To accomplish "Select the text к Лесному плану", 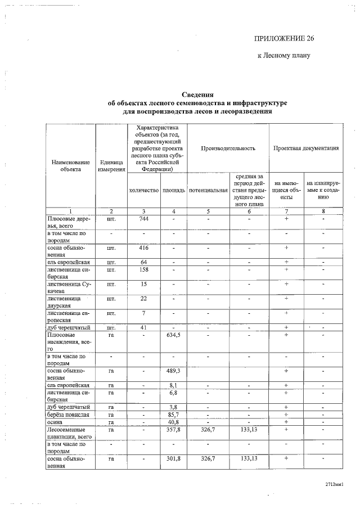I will [283, 56].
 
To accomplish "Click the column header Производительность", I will [228, 148].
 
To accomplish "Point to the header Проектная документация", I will [306, 148].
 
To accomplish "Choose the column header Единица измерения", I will [111, 166].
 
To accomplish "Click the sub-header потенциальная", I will [208, 191].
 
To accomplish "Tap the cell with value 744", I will [143, 218].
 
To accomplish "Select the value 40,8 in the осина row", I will [174, 422].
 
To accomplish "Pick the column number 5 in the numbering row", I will [208, 211].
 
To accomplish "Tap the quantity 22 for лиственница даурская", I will [143, 298].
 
